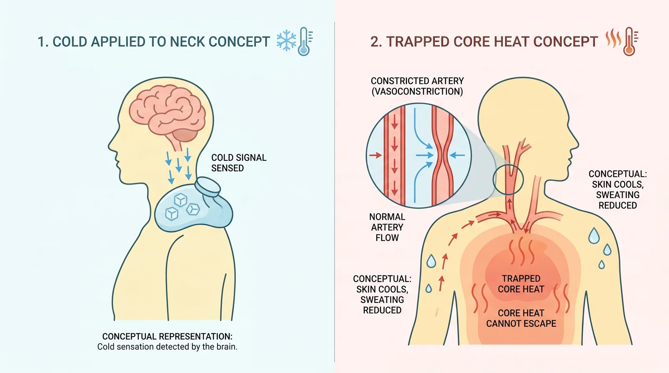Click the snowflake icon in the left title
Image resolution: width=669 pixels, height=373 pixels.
pyautogui.click(x=286, y=40)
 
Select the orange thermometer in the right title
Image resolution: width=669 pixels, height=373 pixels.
pyautogui.click(x=630, y=41)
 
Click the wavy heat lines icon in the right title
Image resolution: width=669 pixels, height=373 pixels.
pyautogui.click(x=613, y=38)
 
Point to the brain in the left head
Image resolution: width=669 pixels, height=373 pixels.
pyautogui.click(x=167, y=113)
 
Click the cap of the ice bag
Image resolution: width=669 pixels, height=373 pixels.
pyautogui.click(x=207, y=186)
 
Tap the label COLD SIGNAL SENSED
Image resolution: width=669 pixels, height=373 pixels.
pyautogui.click(x=239, y=163)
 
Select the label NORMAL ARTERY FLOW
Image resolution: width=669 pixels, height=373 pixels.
pyautogui.click(x=387, y=227)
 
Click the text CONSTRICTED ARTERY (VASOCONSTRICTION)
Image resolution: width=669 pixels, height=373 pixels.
pyautogui.click(x=417, y=86)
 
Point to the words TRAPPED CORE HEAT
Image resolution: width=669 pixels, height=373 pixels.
pyautogui.click(x=521, y=284)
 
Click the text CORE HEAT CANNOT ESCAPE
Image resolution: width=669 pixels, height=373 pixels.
pyautogui.click(x=521, y=318)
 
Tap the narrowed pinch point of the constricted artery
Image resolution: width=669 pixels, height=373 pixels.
pyautogui.click(x=443, y=155)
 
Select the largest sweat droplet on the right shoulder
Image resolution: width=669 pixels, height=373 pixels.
pyautogui.click(x=594, y=236)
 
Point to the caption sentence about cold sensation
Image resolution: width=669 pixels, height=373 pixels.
pyautogui.click(x=167, y=347)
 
